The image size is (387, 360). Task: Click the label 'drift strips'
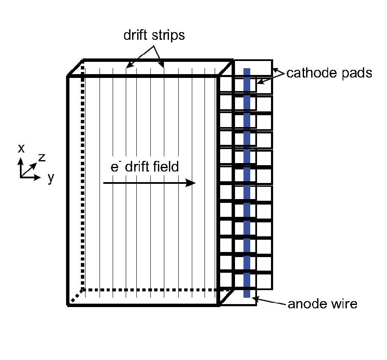click(154, 36)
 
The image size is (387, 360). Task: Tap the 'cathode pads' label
click(329, 73)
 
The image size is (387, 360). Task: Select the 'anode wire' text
click(322, 304)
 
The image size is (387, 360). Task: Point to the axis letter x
click(21, 148)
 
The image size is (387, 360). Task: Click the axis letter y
click(51, 179)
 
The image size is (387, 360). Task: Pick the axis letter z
click(41, 158)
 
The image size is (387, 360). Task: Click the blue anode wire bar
click(247, 182)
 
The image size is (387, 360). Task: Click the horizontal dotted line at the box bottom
click(152, 290)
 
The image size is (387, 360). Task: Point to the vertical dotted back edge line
click(83, 178)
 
